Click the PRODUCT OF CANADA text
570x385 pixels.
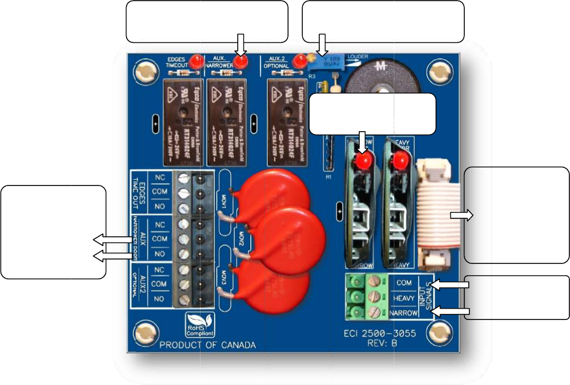207,345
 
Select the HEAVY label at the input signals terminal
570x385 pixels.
403,296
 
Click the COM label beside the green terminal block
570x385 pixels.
404,282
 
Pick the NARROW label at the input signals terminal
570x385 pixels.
403,312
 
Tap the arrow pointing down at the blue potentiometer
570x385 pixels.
323,45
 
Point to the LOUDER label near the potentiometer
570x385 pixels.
358,57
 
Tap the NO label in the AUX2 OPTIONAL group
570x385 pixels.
160,298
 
